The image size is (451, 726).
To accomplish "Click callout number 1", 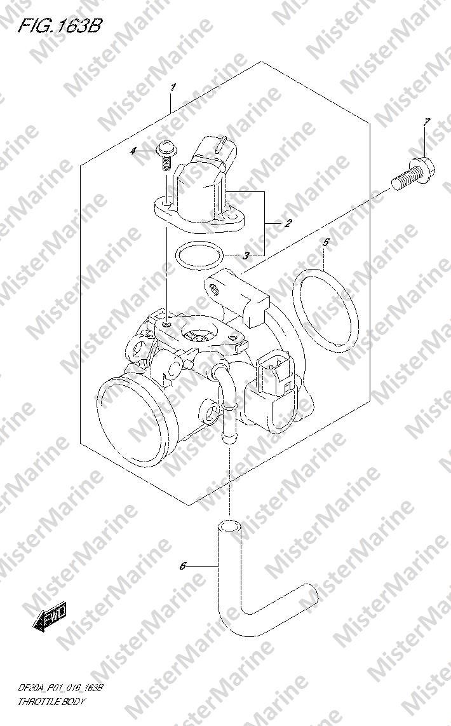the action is (x=173, y=87).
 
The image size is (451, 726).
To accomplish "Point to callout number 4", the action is (x=133, y=151).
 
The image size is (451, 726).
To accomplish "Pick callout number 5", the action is (x=326, y=242).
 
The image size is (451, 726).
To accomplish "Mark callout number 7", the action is (x=426, y=122).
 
